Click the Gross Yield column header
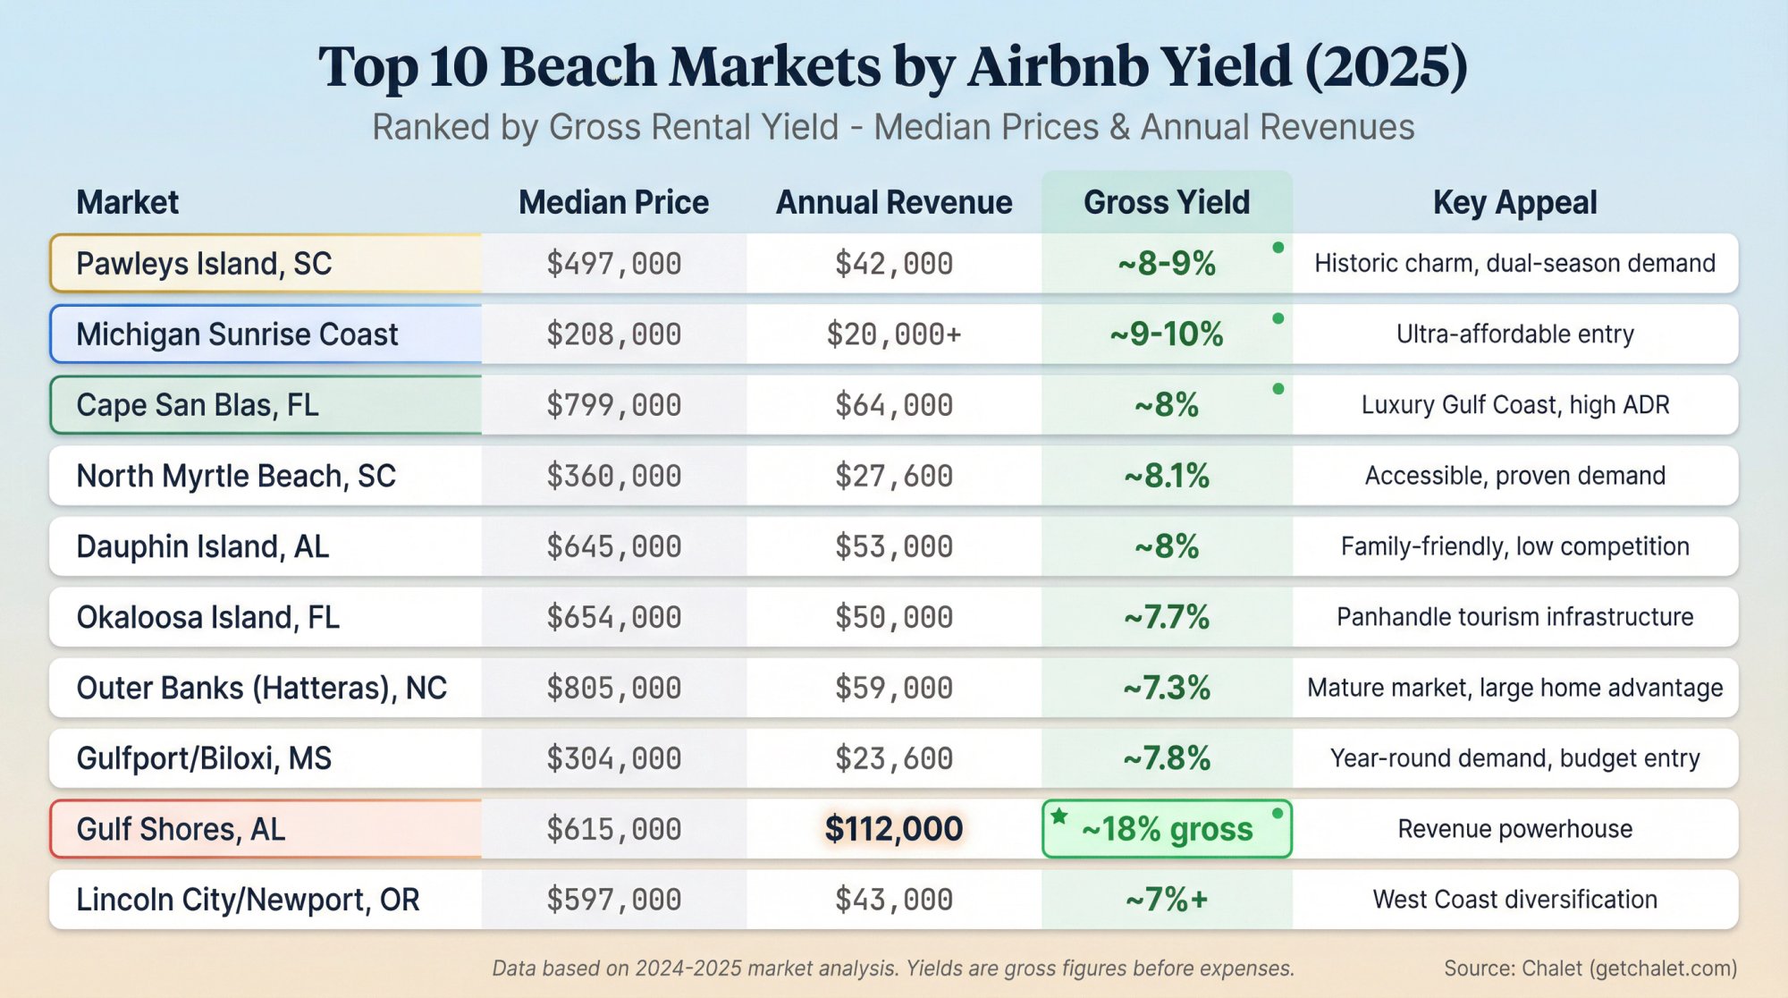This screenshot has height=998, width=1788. tap(1166, 203)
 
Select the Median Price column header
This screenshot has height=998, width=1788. tap(613, 203)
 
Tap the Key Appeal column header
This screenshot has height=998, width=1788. tap(1514, 203)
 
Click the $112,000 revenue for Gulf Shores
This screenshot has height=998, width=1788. tap(893, 829)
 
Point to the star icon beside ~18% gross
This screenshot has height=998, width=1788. tap(1059, 816)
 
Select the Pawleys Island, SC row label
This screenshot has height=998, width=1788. tap(204, 264)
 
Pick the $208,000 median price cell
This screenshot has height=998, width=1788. tap(613, 334)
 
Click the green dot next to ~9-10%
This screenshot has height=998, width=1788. tap(1278, 318)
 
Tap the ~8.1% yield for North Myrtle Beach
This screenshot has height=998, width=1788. tap(1166, 476)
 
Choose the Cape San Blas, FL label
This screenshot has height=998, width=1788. tap(198, 405)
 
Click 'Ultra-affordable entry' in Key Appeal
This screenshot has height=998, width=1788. tap(1514, 334)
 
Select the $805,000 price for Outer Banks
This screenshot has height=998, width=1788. tap(613, 688)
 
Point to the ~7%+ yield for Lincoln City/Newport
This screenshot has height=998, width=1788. tap(1166, 900)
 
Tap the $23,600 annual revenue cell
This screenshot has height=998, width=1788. tap(893, 758)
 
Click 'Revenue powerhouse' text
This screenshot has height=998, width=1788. tap(1514, 829)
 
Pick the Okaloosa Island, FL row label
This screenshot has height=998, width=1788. tap(207, 617)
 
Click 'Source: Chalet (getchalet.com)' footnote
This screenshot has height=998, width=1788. tap(1590, 968)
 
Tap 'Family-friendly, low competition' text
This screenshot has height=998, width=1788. tap(1514, 546)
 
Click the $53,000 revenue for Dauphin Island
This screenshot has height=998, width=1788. tap(893, 546)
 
